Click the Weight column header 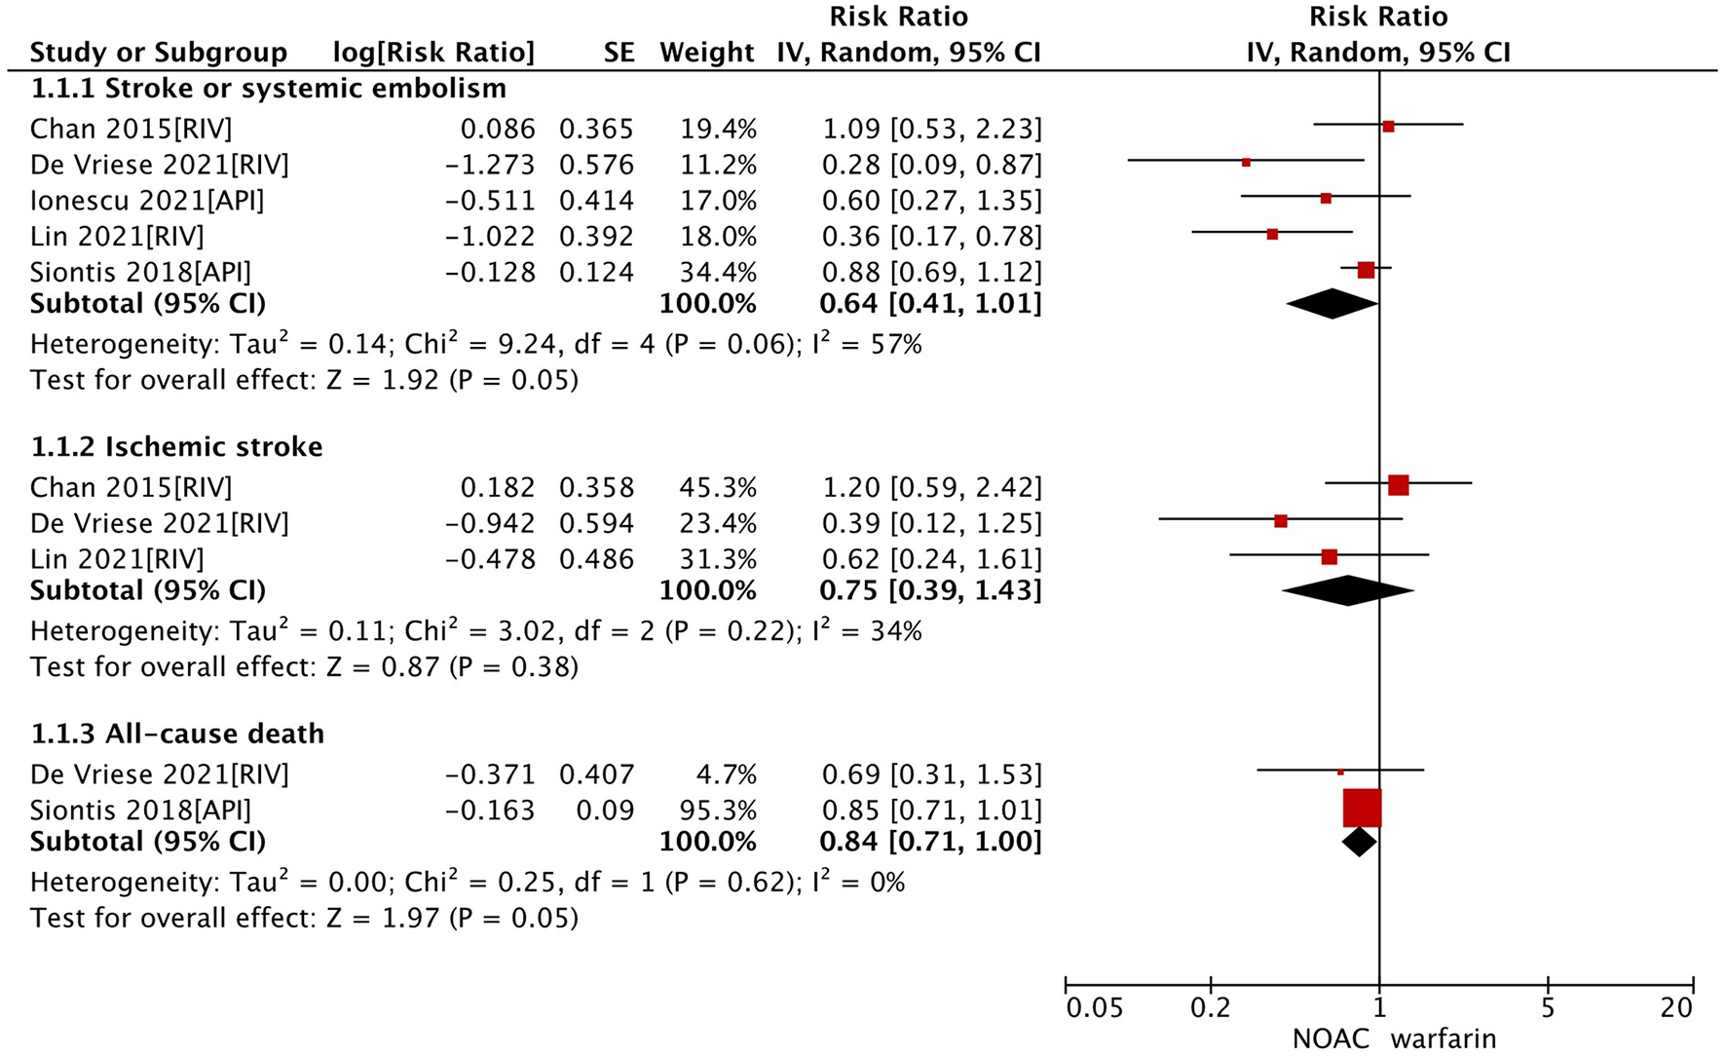[706, 52]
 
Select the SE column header [619, 52]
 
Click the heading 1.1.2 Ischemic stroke [176, 447]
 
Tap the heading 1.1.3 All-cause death [177, 734]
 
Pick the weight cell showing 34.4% [717, 273]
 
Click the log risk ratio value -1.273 [490, 165]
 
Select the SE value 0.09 [605, 811]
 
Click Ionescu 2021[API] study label [147, 201]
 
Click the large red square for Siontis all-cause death [1362, 809]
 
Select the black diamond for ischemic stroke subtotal [1348, 590]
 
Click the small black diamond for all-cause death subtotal [1359, 842]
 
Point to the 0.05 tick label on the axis [1095, 1008]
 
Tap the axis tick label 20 [1676, 1008]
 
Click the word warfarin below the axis [1443, 1038]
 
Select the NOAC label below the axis [1331, 1038]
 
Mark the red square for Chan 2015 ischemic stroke [1398, 485]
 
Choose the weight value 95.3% [717, 811]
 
